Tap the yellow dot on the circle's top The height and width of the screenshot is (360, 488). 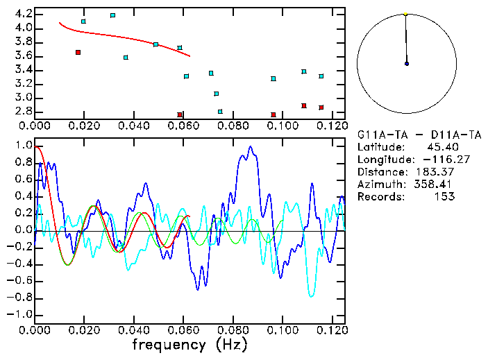click(x=405, y=13)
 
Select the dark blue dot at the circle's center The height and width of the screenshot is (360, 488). click(x=407, y=64)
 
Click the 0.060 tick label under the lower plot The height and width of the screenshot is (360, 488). click(x=158, y=331)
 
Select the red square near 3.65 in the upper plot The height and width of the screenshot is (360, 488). click(x=78, y=52)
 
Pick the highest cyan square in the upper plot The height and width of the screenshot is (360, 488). click(x=112, y=15)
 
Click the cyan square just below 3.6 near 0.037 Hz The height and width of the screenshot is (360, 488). click(x=126, y=58)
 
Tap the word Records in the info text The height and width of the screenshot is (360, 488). click(x=380, y=197)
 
